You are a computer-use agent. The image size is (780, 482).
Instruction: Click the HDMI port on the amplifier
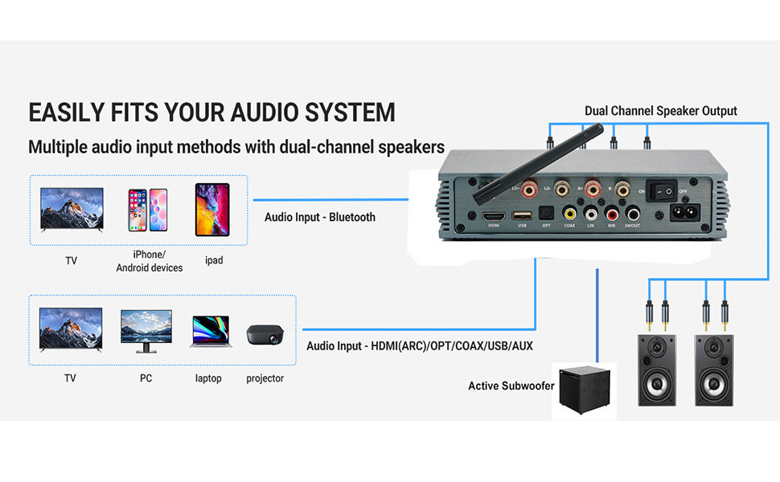[493, 215]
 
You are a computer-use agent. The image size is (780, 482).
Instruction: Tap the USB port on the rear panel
[520, 215]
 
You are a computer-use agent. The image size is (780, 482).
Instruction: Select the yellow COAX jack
[569, 214]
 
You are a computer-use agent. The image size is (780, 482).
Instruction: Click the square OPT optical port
[545, 214]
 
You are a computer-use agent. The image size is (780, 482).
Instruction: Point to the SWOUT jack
[634, 214]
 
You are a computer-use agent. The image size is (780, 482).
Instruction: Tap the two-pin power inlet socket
[681, 214]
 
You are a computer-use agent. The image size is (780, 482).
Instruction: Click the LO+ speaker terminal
[529, 190]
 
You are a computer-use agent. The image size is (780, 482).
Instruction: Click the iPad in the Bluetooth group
[212, 210]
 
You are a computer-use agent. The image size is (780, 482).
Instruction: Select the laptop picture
[210, 331]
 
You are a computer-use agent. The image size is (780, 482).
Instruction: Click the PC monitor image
[146, 330]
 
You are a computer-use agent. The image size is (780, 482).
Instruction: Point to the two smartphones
[147, 210]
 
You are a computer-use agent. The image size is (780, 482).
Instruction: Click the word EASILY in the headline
[68, 112]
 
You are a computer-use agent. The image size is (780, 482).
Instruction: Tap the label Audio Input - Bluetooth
[320, 217]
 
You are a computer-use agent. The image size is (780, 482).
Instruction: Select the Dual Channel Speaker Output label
[660, 111]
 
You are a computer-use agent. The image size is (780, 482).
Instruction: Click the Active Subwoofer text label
[511, 386]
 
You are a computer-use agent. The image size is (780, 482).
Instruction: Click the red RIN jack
[612, 214]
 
